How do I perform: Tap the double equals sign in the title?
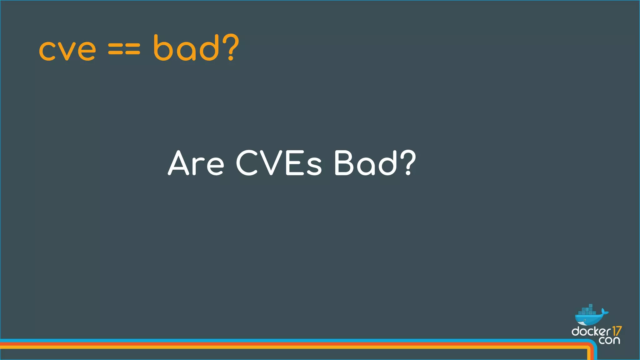124,49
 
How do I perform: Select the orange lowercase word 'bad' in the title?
186,47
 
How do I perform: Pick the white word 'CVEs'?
278,163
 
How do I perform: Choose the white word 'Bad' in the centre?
365,163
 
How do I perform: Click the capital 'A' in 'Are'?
179,163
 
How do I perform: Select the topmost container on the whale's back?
590,306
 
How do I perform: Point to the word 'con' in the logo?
609,340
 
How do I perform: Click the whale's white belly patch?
582,323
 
